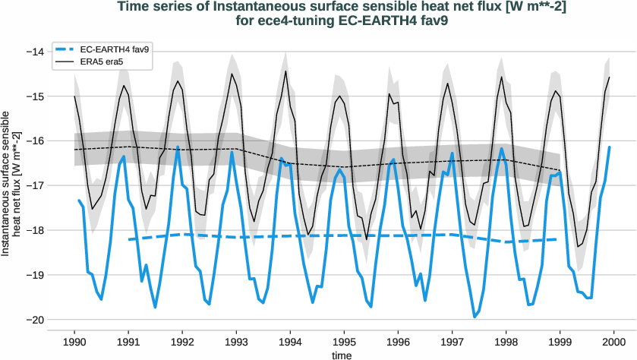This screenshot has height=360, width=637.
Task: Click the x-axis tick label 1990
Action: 74,341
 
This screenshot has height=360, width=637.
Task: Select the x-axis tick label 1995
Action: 345,341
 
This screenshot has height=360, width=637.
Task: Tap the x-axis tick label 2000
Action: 614,341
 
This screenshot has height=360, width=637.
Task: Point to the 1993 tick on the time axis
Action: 237,341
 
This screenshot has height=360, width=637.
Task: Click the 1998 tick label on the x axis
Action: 506,341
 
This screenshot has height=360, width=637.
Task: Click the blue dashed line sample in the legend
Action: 67,49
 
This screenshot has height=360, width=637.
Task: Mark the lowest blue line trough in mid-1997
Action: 475,317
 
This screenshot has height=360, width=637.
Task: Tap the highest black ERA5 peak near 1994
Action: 285,71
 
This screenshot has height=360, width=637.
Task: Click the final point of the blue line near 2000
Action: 609,147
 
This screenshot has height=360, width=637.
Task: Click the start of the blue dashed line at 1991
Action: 128,239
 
